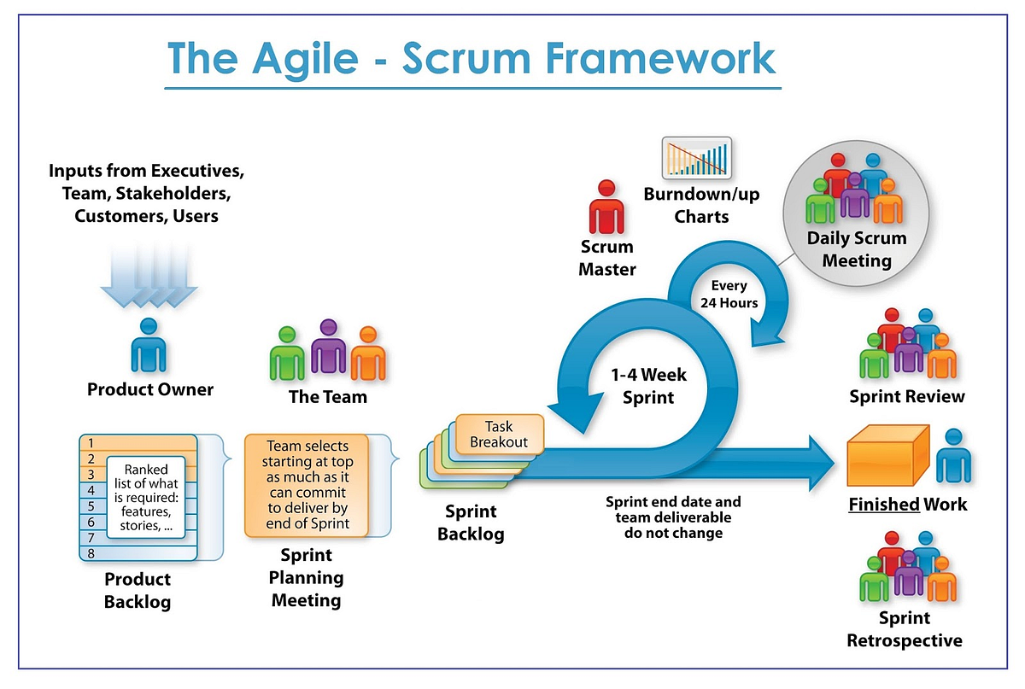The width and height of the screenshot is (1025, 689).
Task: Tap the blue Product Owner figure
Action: click(149, 346)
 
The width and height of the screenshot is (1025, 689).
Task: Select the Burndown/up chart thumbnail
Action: click(696, 159)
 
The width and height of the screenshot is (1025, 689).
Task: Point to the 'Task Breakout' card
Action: click(500, 434)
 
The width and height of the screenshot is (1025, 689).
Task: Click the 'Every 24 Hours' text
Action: click(729, 295)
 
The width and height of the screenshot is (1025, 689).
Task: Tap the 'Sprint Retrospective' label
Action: click(904, 629)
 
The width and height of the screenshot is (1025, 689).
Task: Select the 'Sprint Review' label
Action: click(906, 396)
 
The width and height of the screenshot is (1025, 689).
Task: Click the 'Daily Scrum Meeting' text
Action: click(856, 249)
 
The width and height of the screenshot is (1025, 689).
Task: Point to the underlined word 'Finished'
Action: click(883, 504)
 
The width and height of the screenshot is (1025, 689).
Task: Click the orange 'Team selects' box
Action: click(307, 485)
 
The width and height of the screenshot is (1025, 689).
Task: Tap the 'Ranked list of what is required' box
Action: click(146, 498)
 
